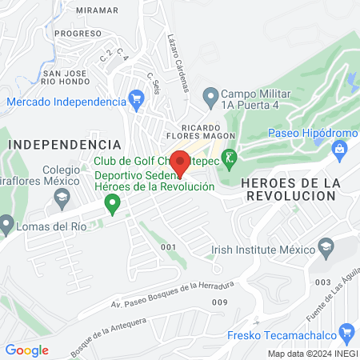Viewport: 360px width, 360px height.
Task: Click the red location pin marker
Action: click(x=180, y=161)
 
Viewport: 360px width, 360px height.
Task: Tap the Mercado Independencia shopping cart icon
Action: click(x=136, y=102)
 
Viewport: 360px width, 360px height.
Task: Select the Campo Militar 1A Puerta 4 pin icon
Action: click(x=210, y=98)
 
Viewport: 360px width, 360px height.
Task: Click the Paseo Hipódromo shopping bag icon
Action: click(x=340, y=148)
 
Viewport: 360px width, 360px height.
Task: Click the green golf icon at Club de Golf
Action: click(x=229, y=158)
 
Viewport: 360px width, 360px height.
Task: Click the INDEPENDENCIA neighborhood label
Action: click(x=65, y=143)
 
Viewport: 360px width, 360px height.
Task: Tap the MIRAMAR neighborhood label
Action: click(x=96, y=10)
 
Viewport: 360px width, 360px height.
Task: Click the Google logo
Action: click(x=26, y=350)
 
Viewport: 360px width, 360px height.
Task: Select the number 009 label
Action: click(x=219, y=302)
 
